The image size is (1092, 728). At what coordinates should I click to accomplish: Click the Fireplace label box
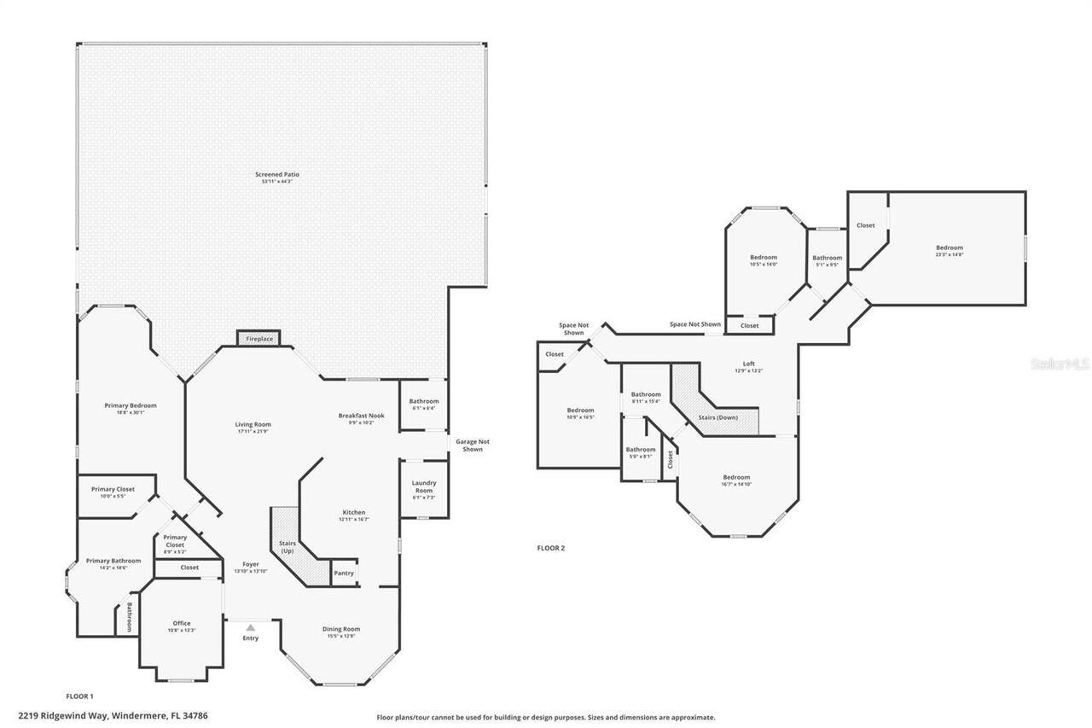[259, 339]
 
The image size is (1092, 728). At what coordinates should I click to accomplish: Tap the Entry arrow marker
[250, 628]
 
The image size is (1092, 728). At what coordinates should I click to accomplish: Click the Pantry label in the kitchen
[344, 574]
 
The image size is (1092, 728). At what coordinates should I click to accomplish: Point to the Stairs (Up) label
[287, 546]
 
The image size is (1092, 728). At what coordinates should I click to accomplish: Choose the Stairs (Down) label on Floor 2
[717, 417]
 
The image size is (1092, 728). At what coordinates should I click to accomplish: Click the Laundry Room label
[424, 486]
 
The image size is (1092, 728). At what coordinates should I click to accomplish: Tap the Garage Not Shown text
[472, 446]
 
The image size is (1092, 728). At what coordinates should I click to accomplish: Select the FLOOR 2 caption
[550, 548]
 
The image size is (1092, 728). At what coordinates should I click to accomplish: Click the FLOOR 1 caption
[79, 696]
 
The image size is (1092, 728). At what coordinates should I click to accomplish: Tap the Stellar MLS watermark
[1060, 364]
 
